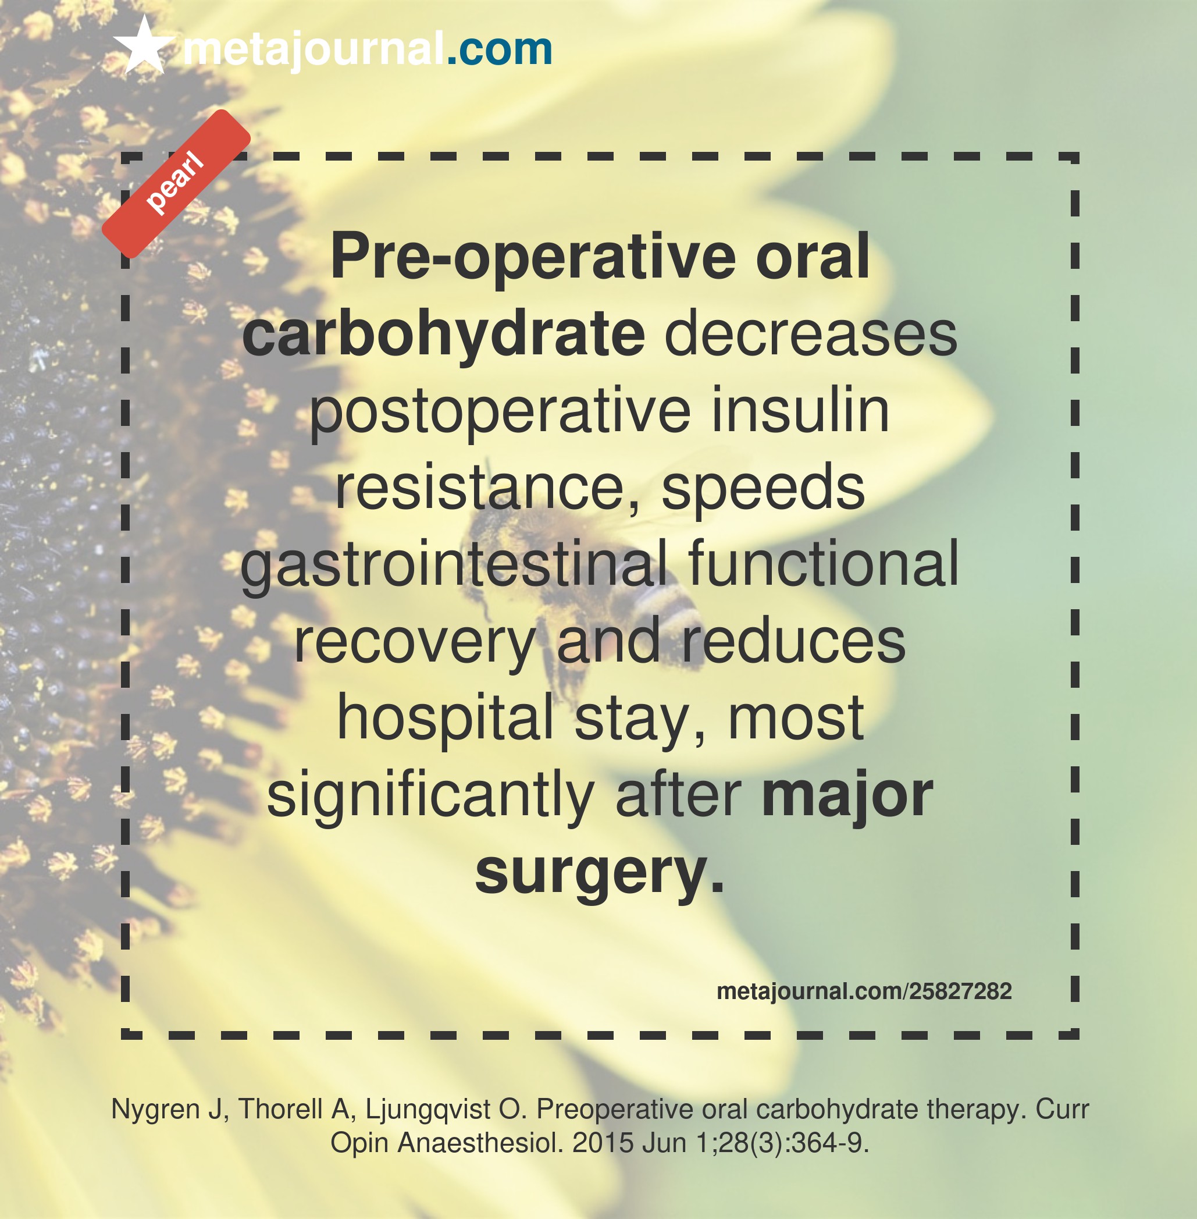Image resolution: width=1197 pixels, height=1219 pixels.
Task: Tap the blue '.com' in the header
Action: (500, 48)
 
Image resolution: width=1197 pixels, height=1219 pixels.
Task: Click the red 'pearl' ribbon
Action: (176, 184)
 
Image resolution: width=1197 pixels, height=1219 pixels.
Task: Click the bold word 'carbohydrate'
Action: (444, 333)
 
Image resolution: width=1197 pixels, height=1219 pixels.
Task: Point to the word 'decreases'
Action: (811, 334)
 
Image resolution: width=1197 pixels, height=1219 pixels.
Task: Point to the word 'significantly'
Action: (431, 795)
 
